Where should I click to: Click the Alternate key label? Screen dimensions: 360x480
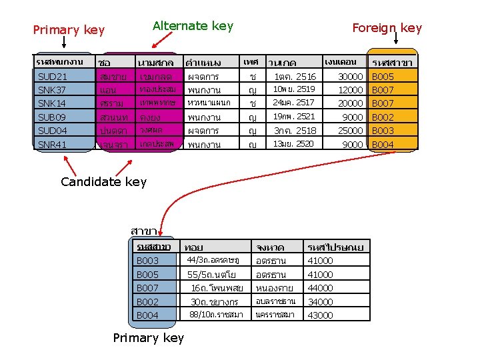click(x=193, y=26)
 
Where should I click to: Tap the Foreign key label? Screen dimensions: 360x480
click(x=387, y=28)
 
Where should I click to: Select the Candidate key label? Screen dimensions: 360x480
click(x=103, y=181)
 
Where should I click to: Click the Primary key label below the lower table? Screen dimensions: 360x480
click(x=148, y=338)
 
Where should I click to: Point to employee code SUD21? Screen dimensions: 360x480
click(x=53, y=77)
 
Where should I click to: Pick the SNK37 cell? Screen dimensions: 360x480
click(x=52, y=90)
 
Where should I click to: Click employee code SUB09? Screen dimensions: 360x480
click(x=52, y=117)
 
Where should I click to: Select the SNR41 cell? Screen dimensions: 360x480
click(x=52, y=145)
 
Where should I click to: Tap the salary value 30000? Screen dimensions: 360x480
click(x=350, y=77)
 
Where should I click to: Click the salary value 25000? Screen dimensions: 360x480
click(x=350, y=131)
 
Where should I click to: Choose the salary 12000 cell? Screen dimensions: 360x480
click(x=350, y=90)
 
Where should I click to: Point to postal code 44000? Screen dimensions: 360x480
click(x=320, y=288)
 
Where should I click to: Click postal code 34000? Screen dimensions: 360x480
click(x=320, y=302)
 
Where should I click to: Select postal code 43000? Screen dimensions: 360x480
click(x=320, y=315)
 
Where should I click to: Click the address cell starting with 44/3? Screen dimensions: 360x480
click(x=213, y=260)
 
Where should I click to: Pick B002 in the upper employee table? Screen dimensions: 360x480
click(x=383, y=117)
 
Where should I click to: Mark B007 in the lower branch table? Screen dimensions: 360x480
click(x=147, y=288)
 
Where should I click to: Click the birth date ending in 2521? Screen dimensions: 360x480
click(x=293, y=117)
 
